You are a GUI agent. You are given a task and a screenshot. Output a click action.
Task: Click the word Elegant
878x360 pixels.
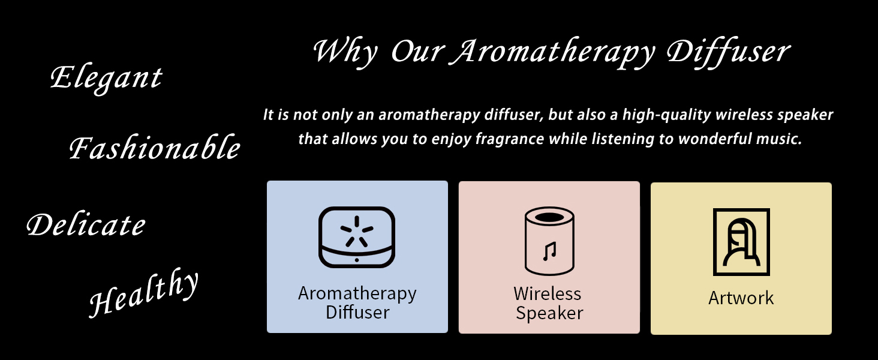point(106,79)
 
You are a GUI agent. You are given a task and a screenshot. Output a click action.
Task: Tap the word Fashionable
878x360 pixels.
point(155,147)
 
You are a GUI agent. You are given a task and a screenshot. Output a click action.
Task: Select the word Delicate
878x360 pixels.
point(86,224)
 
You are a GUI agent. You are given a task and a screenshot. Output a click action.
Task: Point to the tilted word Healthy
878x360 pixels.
point(143,293)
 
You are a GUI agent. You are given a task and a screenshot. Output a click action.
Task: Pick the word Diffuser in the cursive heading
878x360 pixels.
point(729,53)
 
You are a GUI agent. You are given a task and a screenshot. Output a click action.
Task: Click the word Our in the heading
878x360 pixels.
point(417,52)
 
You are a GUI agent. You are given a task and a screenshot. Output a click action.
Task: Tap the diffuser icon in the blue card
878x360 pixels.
point(357,237)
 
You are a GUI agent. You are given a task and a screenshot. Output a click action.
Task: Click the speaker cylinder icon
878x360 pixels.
point(549,241)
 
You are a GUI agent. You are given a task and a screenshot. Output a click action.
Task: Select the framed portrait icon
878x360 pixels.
point(741,242)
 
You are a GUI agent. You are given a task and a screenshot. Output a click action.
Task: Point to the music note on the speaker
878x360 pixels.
point(549,251)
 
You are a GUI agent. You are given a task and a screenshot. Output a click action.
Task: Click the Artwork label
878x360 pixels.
point(741,298)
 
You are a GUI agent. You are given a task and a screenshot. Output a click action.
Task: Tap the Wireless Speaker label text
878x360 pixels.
point(549,304)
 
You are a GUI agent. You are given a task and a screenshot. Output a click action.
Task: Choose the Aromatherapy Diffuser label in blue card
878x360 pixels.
point(357,303)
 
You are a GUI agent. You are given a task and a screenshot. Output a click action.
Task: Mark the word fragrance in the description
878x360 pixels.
point(510,139)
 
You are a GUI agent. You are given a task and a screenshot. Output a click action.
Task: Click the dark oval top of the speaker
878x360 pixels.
point(549,217)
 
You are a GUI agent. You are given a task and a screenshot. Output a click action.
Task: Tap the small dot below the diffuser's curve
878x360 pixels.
point(356,260)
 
